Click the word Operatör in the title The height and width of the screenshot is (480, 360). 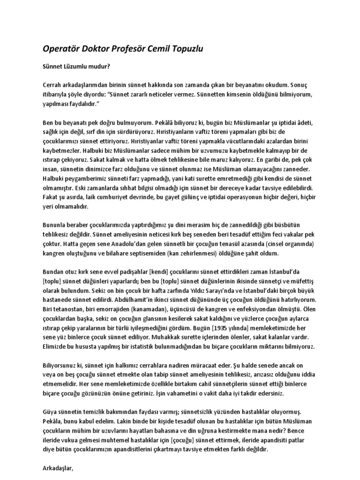pos(60,49)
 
